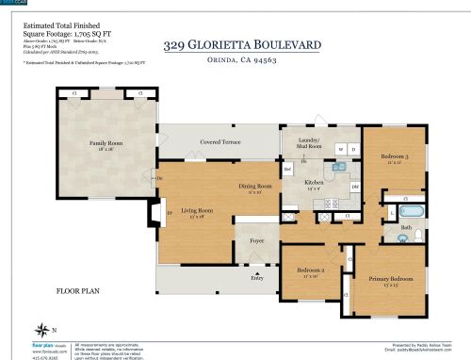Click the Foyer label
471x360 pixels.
(x=256, y=240)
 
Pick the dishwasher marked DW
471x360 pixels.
(x=355, y=188)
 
